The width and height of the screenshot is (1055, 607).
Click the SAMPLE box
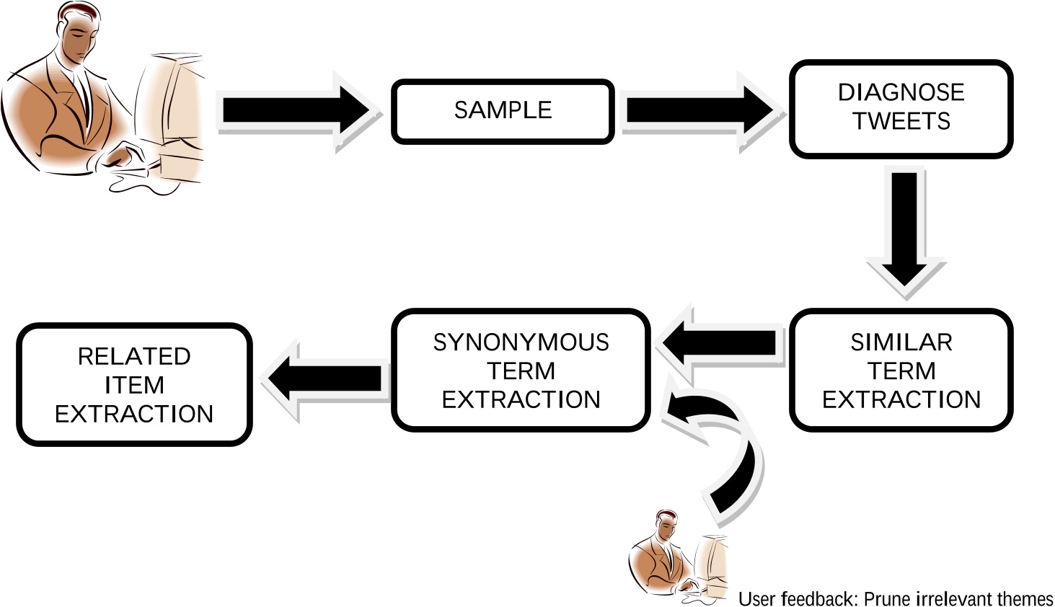(503, 111)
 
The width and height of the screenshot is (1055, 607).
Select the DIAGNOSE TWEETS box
(901, 109)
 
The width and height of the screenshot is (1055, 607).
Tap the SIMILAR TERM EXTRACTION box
(901, 371)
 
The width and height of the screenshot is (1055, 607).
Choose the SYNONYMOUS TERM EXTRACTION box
(521, 371)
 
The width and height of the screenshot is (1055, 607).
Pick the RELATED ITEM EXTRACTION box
(134, 385)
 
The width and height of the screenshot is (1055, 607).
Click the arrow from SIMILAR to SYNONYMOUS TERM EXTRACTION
(721, 342)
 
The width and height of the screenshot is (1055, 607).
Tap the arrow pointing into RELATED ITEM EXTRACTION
(325, 379)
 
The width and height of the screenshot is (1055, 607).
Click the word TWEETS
(901, 121)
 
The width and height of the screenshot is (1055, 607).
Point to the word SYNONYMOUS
(521, 342)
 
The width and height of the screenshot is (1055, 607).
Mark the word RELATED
(134, 356)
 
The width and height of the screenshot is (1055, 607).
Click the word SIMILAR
(901, 342)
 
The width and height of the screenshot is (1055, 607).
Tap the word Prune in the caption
(888, 598)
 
